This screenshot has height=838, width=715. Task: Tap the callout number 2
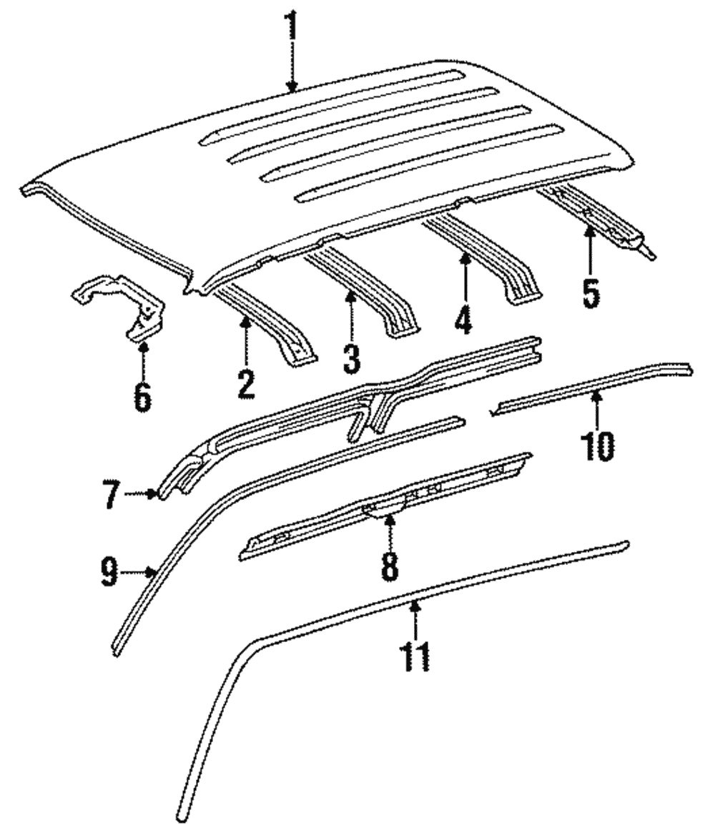[245, 384]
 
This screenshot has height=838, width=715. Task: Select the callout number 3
[351, 358]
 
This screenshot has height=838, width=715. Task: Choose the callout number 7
[109, 495]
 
